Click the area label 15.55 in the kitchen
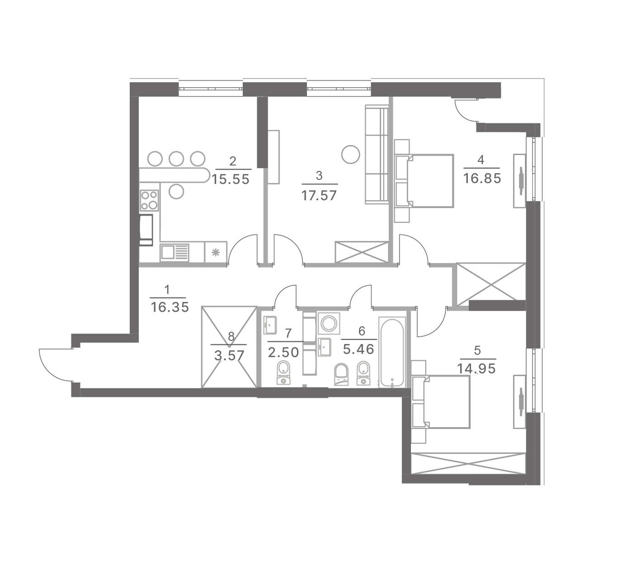coord(231,179)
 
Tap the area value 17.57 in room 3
coord(319,196)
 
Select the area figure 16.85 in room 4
coord(482,179)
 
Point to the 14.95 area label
coord(476,369)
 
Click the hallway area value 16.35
coord(170,307)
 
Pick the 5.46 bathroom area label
coord(359,349)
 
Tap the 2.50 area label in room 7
coord(283,352)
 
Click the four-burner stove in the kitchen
coord(149,200)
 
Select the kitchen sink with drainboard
coord(174,253)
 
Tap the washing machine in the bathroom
coord(329,324)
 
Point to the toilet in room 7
coord(283,373)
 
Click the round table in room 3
coord(350,154)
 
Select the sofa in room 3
coord(377,154)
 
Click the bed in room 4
coord(424,181)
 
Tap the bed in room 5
coord(441,402)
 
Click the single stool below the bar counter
coord(177,191)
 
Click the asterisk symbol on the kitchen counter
coord(216,252)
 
